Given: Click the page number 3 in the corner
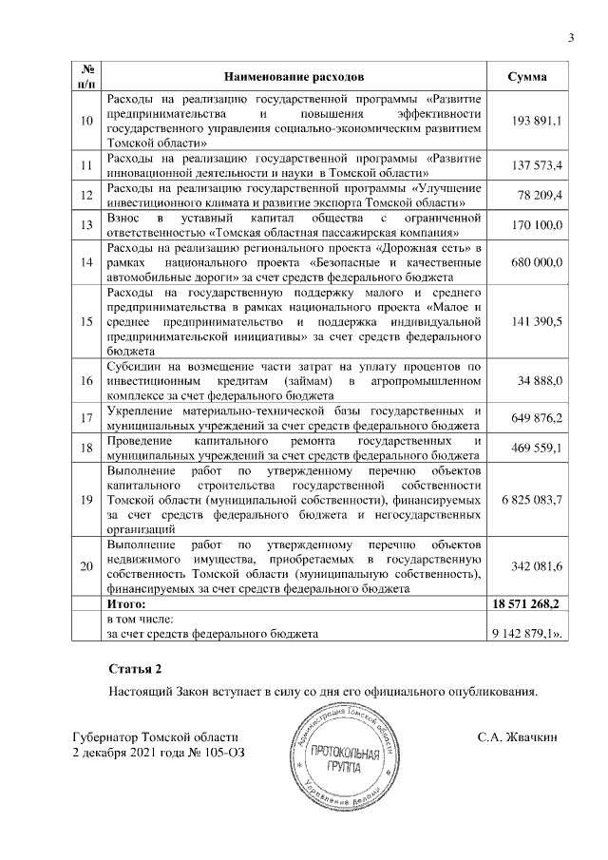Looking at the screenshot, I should pos(572,38).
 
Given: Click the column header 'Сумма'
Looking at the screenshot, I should pos(526,75).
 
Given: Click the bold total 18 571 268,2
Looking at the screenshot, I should pos(528,603).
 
